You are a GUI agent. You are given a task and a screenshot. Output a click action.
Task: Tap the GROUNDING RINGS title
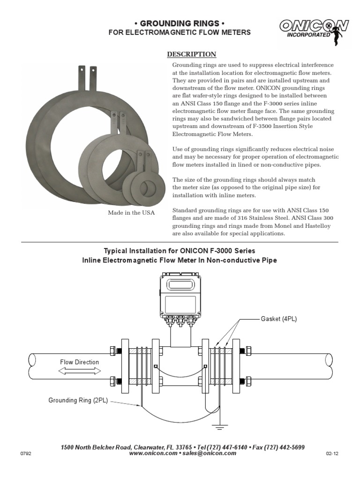coord(180,23)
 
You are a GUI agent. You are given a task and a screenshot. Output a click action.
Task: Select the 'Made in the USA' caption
coord(131,213)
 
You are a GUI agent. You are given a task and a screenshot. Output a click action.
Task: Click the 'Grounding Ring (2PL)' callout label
coord(78,400)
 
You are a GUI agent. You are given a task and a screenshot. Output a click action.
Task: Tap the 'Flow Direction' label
coord(79,362)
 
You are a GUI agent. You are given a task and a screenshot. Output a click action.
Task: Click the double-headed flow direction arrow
coord(80,370)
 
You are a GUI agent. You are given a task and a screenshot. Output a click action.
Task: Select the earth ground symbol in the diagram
coord(218,426)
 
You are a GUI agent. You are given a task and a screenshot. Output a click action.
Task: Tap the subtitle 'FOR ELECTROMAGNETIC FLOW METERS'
coord(180,32)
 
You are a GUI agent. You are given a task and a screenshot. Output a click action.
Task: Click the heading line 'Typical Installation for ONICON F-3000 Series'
coord(180,251)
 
